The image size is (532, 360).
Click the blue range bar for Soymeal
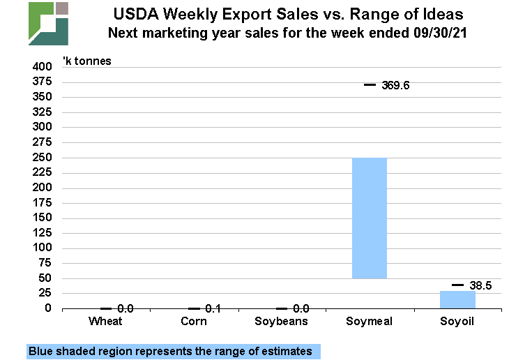click(x=370, y=218)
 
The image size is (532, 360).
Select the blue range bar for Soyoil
click(x=457, y=299)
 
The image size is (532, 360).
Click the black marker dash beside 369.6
click(x=370, y=84)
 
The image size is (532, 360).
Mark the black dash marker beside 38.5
click(x=457, y=285)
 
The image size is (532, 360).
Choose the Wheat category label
click(x=106, y=321)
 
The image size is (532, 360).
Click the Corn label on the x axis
click(x=194, y=321)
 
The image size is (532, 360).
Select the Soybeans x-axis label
click(x=282, y=321)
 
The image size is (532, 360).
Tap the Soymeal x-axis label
click(x=370, y=321)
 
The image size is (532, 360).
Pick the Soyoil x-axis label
click(x=457, y=321)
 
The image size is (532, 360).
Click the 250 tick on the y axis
click(x=43, y=158)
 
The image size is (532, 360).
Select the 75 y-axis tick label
click(x=45, y=263)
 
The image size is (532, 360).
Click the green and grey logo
click(x=48, y=23)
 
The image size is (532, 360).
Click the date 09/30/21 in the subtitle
click(x=440, y=32)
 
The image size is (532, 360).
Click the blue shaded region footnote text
click(x=171, y=351)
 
